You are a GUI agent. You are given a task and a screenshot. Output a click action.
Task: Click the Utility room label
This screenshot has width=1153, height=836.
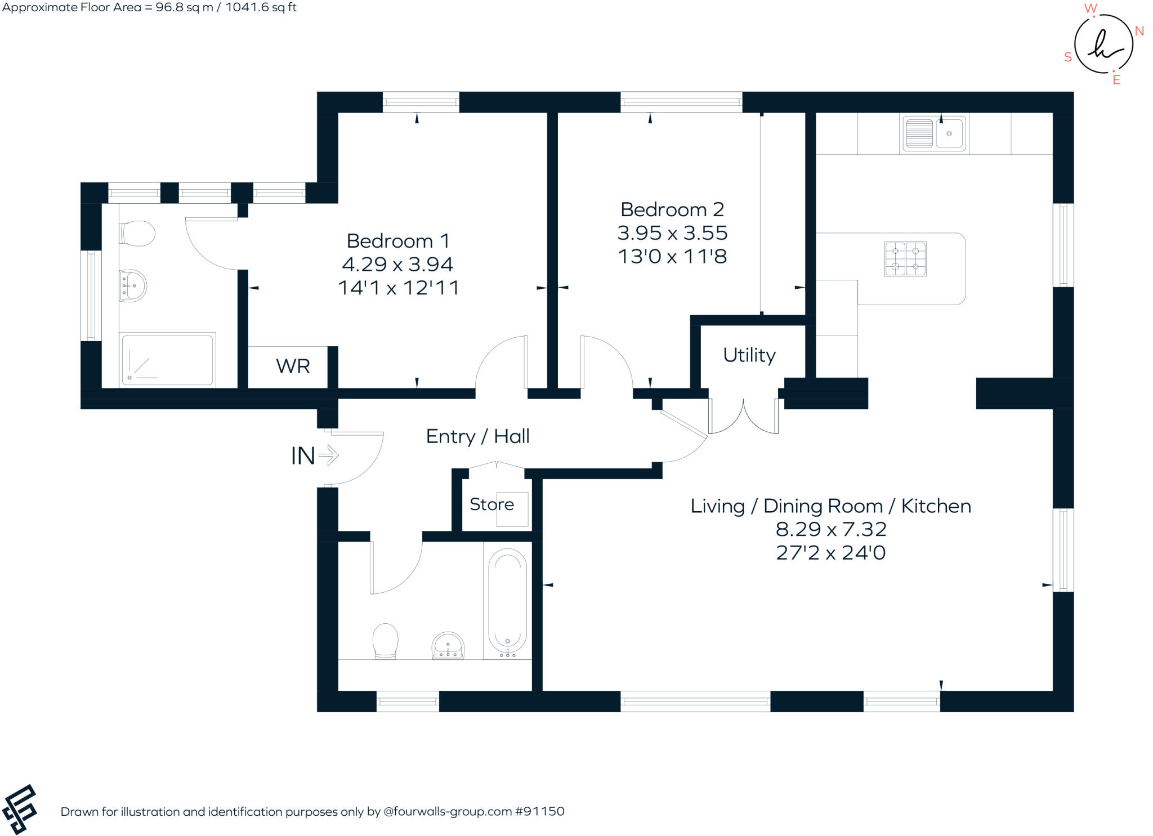(749, 355)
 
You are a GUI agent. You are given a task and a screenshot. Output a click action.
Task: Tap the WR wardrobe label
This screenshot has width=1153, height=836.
(293, 366)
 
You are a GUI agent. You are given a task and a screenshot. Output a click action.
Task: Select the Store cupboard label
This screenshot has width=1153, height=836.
(491, 504)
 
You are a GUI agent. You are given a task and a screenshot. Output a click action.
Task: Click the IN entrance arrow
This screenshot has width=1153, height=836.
(329, 455)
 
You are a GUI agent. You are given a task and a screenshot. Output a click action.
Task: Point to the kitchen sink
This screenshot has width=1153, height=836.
(934, 134)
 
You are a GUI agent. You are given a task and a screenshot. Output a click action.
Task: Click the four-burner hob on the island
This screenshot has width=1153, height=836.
(905, 259)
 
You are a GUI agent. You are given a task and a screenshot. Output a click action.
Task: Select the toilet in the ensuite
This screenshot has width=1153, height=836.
(137, 233)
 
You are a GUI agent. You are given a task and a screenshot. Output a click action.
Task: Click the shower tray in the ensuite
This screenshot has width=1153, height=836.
(167, 360)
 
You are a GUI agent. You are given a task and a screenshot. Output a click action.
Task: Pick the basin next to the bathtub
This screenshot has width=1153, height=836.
(448, 645)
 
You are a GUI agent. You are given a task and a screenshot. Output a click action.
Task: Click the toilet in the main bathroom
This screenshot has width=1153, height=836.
(386, 640)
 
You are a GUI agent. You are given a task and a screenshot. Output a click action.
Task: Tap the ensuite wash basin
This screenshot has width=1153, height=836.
(133, 286)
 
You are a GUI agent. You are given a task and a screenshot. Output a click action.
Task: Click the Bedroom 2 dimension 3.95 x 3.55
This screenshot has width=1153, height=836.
(672, 233)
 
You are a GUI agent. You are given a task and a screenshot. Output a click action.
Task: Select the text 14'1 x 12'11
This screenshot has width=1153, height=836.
(399, 288)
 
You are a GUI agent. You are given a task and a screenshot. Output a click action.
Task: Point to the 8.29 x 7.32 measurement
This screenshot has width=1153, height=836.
(831, 529)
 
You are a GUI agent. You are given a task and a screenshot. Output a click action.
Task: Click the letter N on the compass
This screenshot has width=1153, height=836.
(1139, 32)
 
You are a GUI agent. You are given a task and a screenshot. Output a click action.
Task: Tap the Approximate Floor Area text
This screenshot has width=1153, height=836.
(149, 7)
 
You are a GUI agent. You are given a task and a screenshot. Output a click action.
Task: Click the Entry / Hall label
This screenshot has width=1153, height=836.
(477, 436)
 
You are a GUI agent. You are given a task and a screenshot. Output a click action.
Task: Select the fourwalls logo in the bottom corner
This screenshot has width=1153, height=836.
(20, 809)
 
